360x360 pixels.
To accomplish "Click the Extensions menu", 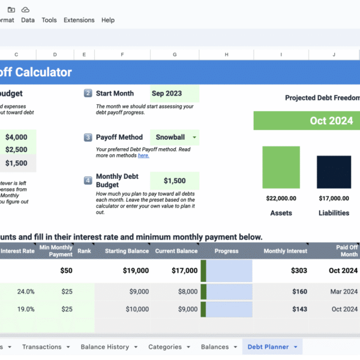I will tap(79, 20).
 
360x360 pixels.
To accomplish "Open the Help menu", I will tap(108, 20).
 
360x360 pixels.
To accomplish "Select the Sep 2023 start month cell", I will tap(174, 94).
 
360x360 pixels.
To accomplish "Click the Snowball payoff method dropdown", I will tap(174, 137).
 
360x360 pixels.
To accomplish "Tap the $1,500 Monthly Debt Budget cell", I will tap(174, 181).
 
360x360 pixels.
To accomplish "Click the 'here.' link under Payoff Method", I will tap(143, 155).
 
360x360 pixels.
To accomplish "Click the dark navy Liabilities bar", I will tap(334, 172).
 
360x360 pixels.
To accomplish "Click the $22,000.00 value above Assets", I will tap(281, 198).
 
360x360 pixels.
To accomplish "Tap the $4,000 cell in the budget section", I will tap(17, 137).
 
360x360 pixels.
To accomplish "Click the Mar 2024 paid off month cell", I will tap(344, 292).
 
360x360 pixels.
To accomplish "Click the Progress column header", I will tap(226, 251).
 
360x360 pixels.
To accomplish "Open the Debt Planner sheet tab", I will tap(268, 347).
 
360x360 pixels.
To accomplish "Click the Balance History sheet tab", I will tap(105, 347).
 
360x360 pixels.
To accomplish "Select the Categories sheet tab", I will tap(164, 347).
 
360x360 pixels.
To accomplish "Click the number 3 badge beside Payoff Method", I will tap(88, 137).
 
